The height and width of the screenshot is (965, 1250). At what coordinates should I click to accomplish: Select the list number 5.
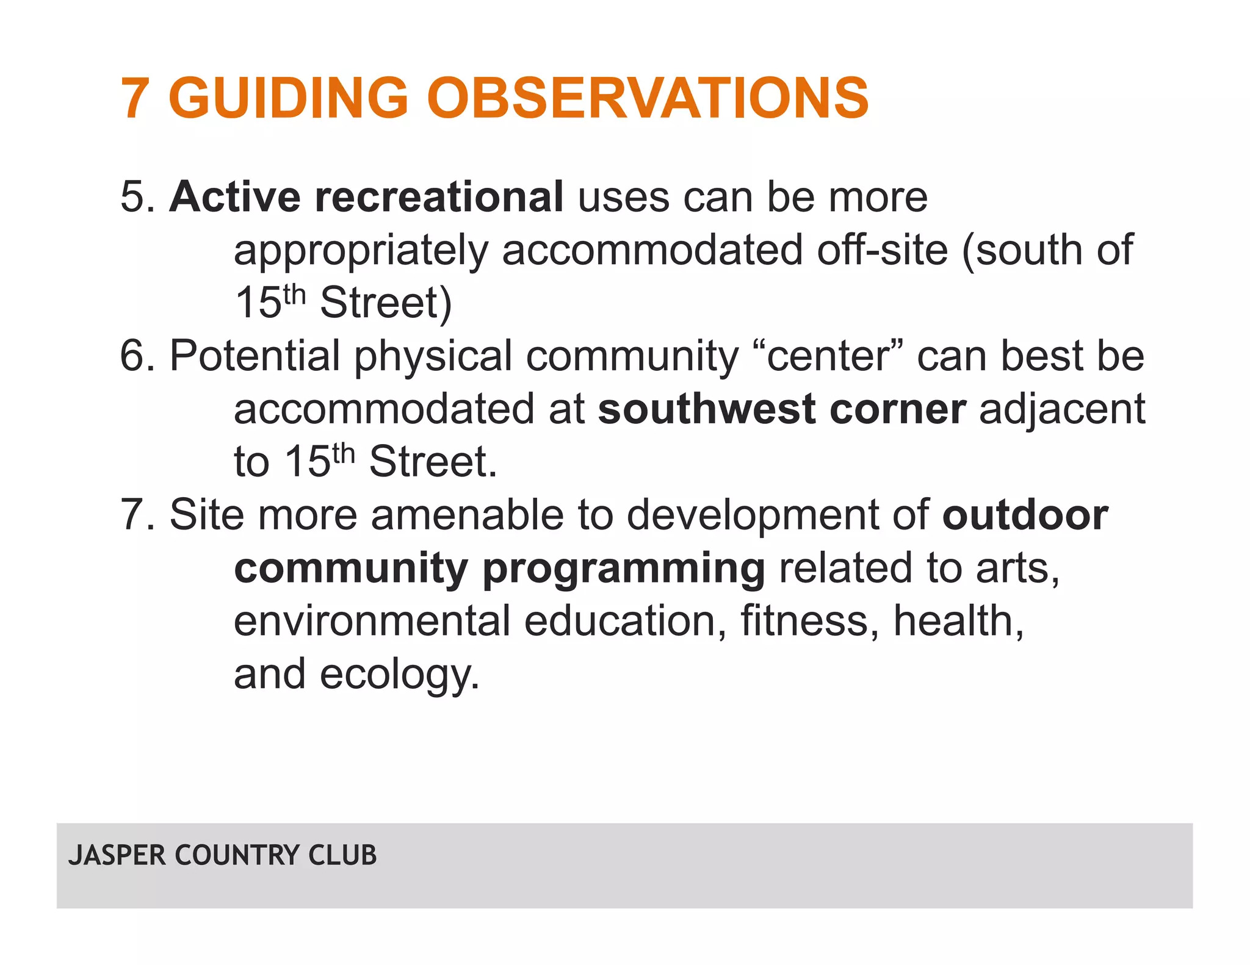pos(137,197)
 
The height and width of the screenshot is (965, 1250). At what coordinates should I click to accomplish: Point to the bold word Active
pos(235,197)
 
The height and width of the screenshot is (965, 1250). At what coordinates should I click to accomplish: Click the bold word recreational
pos(439,197)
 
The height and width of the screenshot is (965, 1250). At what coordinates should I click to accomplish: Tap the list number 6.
pos(137,356)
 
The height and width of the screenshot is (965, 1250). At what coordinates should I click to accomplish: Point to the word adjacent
pos(1062,409)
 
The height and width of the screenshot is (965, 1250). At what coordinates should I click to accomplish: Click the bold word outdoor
pos(1025,515)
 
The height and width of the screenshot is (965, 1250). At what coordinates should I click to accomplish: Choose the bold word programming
pos(623,568)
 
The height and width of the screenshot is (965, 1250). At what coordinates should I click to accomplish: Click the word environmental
pos(372,621)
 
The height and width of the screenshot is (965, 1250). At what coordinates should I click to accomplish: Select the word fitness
pos(809,621)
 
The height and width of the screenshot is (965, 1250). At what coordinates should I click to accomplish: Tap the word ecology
pos(399,675)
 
